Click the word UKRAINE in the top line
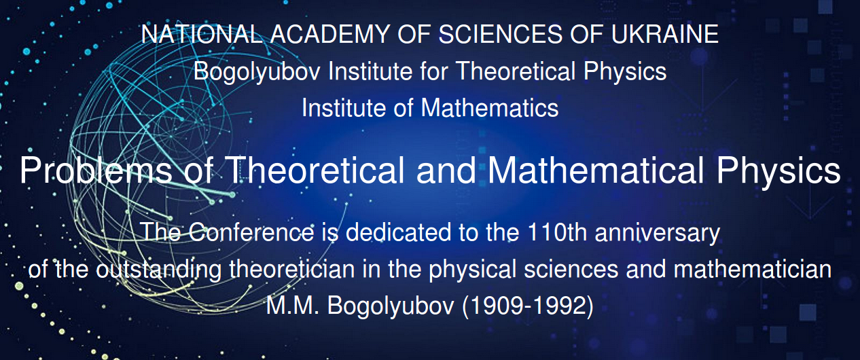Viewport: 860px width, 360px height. pos(664,34)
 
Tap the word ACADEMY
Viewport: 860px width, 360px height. pos(330,34)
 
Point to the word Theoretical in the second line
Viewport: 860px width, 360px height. pos(516,71)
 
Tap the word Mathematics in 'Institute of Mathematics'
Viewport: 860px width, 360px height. pos(490,108)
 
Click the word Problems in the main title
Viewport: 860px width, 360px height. pos(96,170)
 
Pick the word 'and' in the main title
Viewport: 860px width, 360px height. pos(446,170)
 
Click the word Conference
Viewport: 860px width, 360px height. pos(251,232)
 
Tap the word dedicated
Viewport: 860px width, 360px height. pos(398,232)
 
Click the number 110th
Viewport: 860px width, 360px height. pos(558,232)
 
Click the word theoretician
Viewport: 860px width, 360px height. pos(292,269)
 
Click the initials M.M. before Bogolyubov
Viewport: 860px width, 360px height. pos(293,306)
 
